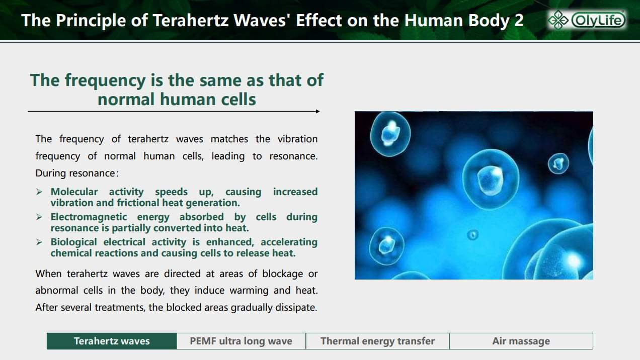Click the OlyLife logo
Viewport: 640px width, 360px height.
(x=587, y=20)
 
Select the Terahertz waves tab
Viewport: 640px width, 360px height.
(x=112, y=341)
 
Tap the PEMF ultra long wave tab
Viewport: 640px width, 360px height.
(x=241, y=341)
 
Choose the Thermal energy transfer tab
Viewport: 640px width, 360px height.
(x=377, y=341)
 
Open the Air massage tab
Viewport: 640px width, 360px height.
(x=521, y=341)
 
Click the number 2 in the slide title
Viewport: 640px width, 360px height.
(x=519, y=21)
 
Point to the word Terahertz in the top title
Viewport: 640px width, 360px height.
(x=191, y=21)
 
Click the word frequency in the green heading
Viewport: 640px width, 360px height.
(x=105, y=81)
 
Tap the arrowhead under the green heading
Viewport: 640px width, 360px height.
(x=317, y=111)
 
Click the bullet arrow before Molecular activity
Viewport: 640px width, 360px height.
(x=39, y=192)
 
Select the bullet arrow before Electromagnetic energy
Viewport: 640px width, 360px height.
(x=39, y=217)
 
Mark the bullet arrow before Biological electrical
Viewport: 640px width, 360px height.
(x=39, y=242)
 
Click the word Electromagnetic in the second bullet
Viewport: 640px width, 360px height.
(x=89, y=217)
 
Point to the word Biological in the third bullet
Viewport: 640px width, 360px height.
(x=74, y=242)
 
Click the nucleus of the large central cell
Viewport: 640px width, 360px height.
(x=490, y=180)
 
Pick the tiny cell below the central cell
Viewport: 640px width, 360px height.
(x=472, y=235)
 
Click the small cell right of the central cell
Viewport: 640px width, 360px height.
(x=558, y=163)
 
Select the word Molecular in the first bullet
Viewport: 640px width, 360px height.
(x=74, y=192)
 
